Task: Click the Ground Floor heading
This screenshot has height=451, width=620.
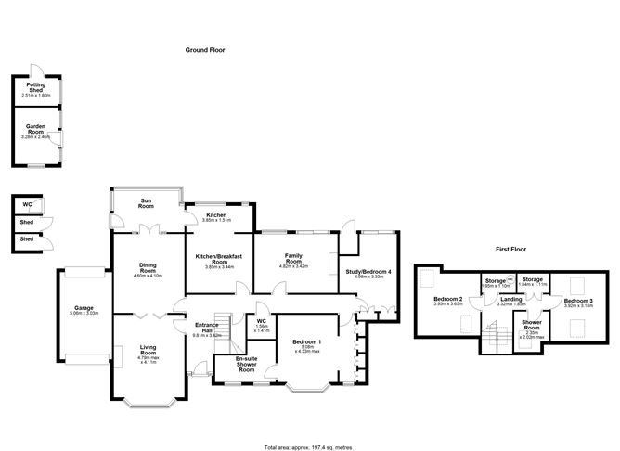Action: pyautogui.click(x=205, y=50)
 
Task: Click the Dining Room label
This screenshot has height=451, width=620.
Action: pyautogui.click(x=148, y=267)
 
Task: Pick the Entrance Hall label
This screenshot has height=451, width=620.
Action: pyautogui.click(x=206, y=329)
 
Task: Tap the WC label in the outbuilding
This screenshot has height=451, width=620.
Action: pyautogui.click(x=27, y=203)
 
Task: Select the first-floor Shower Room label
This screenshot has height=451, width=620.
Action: pyautogui.click(x=532, y=325)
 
